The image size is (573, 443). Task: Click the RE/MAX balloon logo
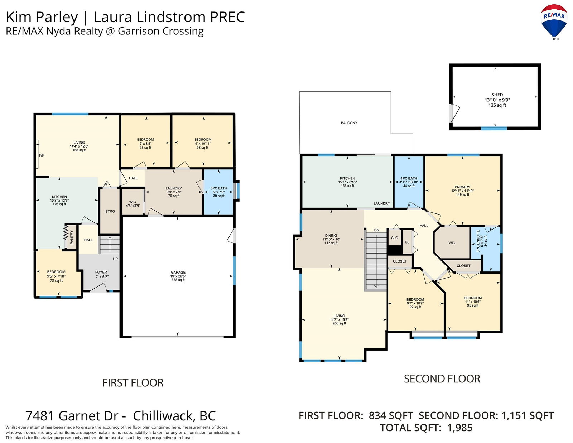tap(554, 21)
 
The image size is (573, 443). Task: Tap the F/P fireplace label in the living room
tap(42, 155)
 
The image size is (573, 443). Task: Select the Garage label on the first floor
tap(178, 272)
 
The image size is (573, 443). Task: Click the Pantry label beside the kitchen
tap(72, 237)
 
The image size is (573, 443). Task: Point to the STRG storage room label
tap(110, 211)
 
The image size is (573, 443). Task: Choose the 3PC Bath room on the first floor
tap(218, 192)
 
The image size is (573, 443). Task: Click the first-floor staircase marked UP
tap(110, 245)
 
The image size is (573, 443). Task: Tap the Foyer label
tap(101, 272)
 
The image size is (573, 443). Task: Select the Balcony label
tap(349, 123)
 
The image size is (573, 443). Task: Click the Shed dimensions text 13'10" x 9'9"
tap(497, 100)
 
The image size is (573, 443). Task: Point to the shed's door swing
tap(454, 114)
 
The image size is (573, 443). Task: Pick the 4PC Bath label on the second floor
tap(409, 178)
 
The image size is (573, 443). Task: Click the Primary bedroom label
tap(462, 187)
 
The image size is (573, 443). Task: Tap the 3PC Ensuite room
tap(486, 249)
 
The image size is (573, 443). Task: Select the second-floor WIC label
tap(452, 243)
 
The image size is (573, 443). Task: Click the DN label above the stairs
tap(376, 230)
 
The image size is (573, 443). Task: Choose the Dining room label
tap(331, 236)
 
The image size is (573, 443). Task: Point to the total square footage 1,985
tap(459, 428)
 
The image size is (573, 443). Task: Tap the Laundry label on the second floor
tap(381, 203)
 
